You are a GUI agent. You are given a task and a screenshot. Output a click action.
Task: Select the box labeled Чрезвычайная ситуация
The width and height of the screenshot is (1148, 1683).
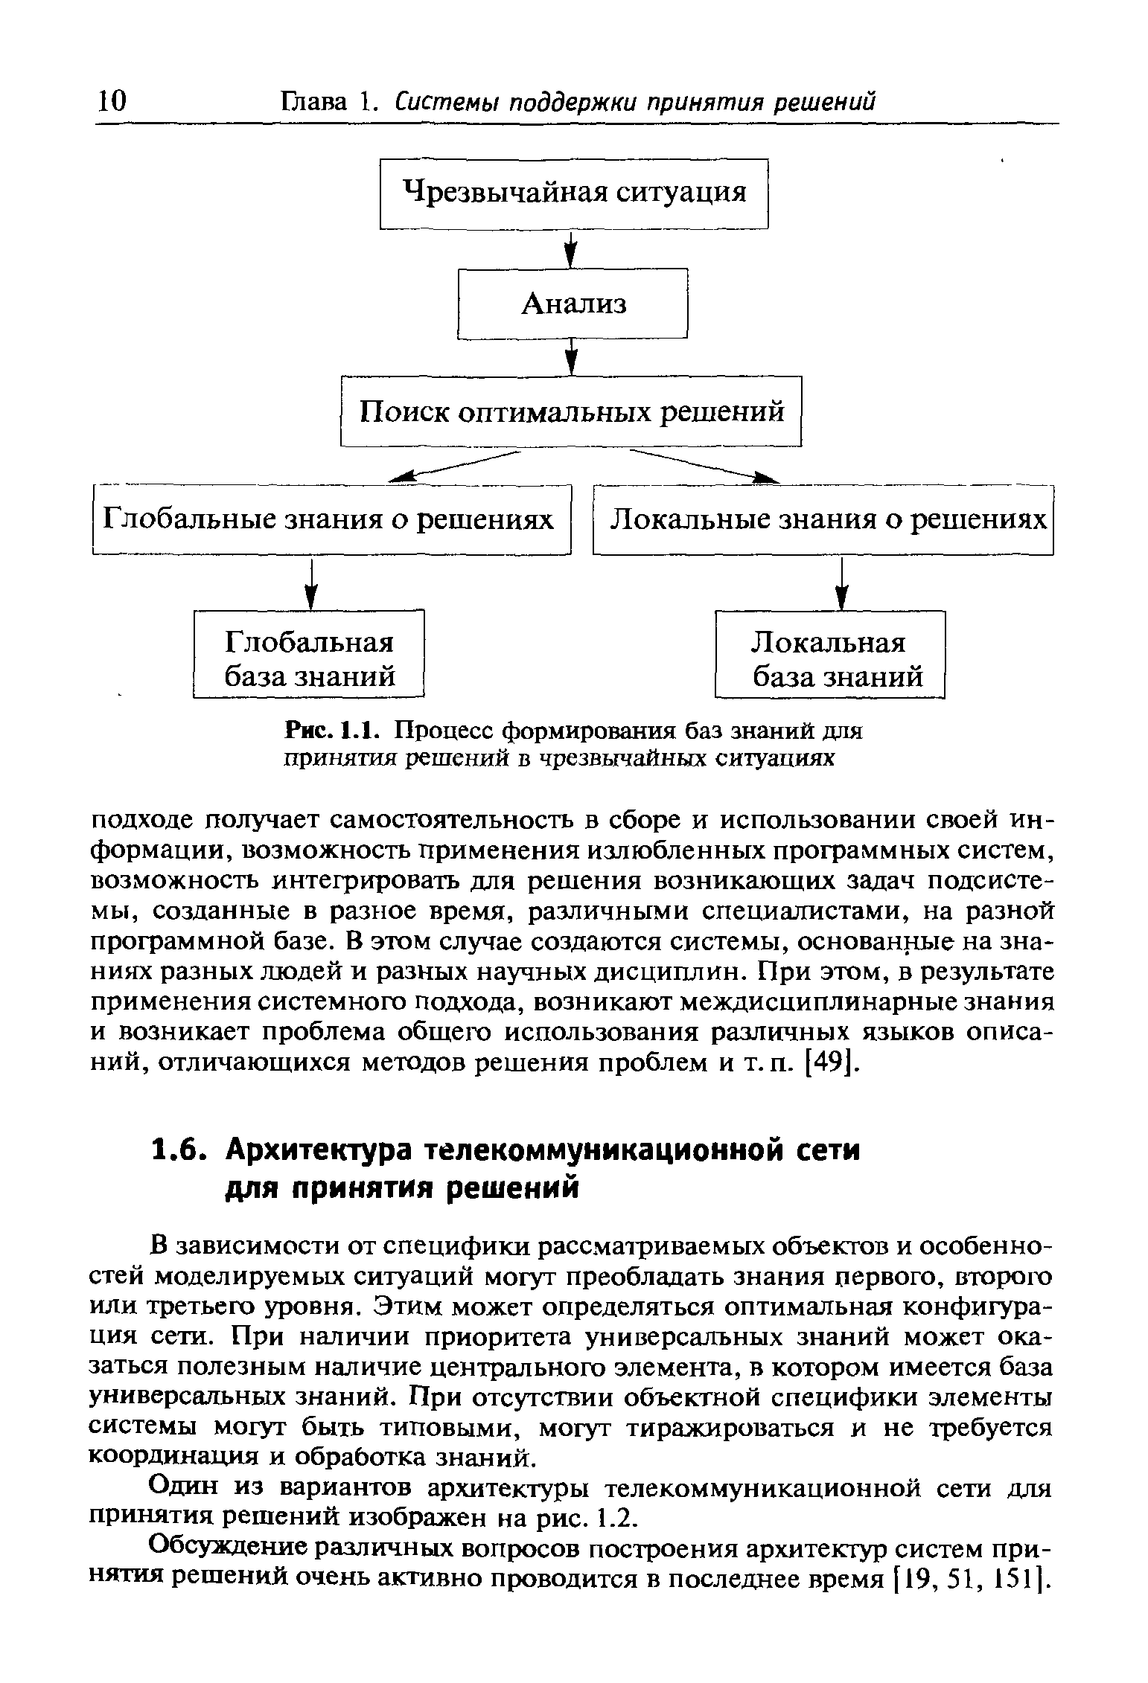pos(573,193)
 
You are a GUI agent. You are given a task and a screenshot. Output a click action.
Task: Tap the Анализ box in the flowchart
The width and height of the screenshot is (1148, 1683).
pos(572,303)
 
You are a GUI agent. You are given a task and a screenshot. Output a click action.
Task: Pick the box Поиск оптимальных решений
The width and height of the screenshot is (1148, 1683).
pos(571,411)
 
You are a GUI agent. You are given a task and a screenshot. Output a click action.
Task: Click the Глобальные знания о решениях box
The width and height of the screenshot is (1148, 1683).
pos(331,519)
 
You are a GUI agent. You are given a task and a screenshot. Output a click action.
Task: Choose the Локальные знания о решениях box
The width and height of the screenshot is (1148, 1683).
pos(823,519)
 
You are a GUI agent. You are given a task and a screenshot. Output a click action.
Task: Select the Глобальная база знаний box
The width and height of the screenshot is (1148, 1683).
pos(308,654)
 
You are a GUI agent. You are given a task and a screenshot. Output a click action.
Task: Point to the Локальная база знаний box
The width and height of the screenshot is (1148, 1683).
pos(829,654)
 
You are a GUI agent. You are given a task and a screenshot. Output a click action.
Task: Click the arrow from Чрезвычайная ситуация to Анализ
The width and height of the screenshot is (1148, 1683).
pos(571,249)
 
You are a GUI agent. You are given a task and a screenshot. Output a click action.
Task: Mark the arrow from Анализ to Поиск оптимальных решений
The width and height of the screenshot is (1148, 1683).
pos(571,357)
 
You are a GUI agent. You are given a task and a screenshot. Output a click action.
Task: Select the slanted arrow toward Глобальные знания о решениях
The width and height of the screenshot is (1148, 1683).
pos(454,466)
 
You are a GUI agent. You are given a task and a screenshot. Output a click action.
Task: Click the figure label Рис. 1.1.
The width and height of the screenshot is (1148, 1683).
pos(334,731)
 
